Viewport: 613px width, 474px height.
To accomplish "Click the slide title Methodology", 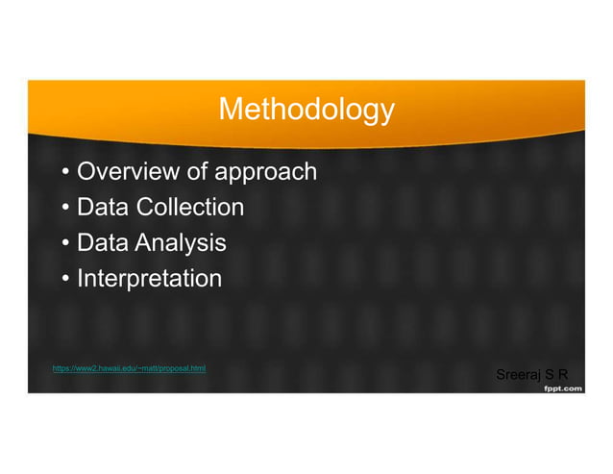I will (306, 110).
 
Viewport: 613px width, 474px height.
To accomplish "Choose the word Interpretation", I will (149, 280).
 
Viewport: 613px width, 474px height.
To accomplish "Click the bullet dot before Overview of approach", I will (64, 174).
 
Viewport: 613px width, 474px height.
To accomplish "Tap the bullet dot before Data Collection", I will (64, 209).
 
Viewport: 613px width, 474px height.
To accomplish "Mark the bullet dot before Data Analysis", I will (64, 244).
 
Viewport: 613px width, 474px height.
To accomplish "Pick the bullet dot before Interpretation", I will (64, 280).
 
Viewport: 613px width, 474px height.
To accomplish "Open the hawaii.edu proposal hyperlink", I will (129, 368).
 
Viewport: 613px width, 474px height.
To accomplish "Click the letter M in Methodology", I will (230, 110).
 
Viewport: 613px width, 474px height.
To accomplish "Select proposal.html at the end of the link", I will (184, 368).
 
